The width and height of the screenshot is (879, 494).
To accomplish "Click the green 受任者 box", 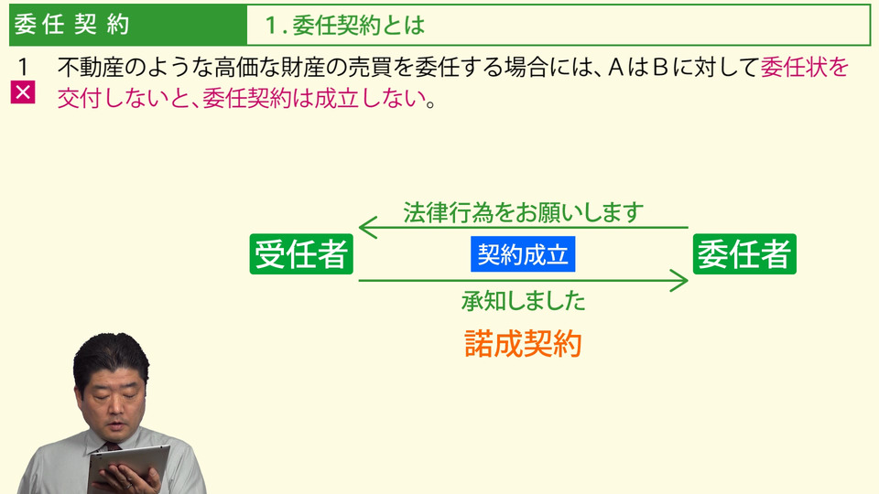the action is [x=301, y=254].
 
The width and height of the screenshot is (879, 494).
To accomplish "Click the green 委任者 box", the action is [x=744, y=254].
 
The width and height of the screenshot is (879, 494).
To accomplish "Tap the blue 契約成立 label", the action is [x=523, y=254].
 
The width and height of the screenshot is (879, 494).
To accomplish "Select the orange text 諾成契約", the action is [x=523, y=343].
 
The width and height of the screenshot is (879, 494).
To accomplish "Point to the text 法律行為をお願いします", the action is [x=523, y=212].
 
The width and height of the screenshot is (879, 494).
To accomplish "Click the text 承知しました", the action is [x=523, y=301].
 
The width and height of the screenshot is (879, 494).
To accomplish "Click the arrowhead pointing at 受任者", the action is [x=367, y=228].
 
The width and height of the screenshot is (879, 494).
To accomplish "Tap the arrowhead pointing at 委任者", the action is [x=678, y=280].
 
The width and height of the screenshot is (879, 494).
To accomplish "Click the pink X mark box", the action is [x=23, y=92].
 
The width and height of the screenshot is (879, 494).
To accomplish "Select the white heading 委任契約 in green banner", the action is [x=71, y=25].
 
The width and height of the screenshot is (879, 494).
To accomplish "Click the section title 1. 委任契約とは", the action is [x=344, y=26].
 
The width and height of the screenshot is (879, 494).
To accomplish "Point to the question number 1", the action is [x=23, y=67].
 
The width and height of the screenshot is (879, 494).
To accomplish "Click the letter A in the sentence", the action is [x=615, y=67].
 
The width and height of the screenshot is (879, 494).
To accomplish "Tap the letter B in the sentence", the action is [x=660, y=67].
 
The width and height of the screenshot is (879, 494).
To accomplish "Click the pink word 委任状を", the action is [x=805, y=67].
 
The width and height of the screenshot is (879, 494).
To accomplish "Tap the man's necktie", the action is [x=112, y=446].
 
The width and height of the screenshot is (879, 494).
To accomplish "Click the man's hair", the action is [x=111, y=357].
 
